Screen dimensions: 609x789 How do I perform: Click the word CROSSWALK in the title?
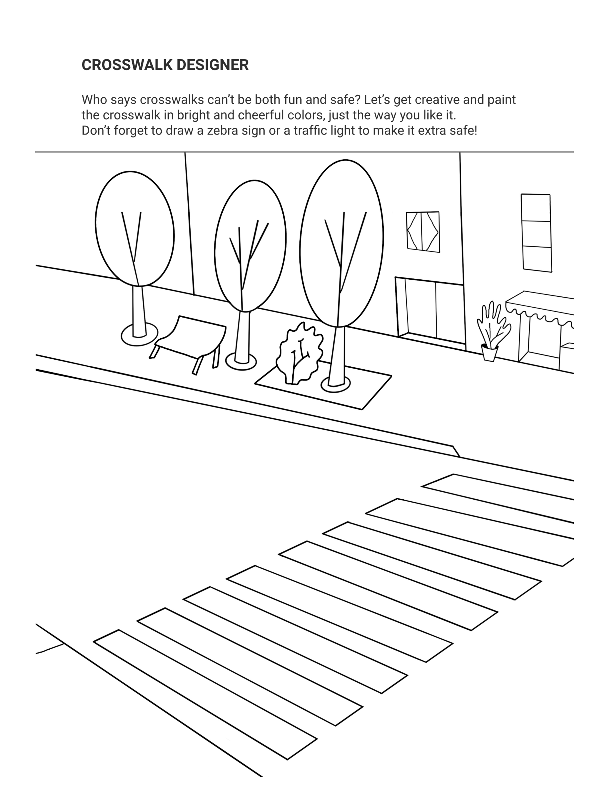tap(127, 65)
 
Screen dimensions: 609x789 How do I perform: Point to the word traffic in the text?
tap(309, 131)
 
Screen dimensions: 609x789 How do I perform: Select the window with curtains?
tap(423, 232)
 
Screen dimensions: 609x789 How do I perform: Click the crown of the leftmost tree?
tap(135, 229)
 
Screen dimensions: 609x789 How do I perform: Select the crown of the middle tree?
tap(250, 246)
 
